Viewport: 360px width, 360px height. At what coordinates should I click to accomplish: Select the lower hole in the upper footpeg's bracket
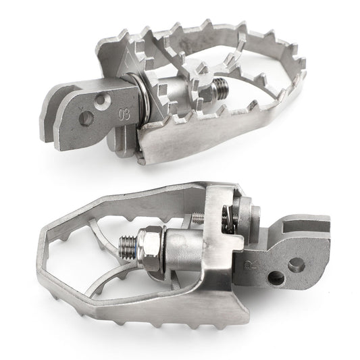(x=86, y=118)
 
